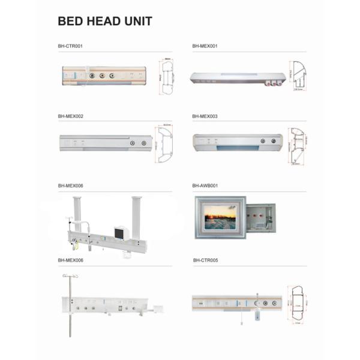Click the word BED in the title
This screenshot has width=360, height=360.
[x=71, y=22]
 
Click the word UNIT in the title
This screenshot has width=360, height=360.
[x=137, y=22]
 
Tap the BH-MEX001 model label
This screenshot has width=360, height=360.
[x=205, y=46]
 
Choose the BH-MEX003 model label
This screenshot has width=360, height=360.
[x=205, y=116]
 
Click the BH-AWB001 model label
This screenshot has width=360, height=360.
[x=205, y=186]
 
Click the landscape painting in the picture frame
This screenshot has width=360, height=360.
[x=220, y=217]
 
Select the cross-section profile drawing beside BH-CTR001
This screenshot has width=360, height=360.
[x=167, y=77]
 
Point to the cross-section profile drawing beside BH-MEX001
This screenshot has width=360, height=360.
[x=298, y=75]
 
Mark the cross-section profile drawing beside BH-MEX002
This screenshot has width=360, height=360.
[x=165, y=145]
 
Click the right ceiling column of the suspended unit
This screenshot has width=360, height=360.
[x=136, y=216]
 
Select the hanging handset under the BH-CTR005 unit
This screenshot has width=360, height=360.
[x=257, y=316]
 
